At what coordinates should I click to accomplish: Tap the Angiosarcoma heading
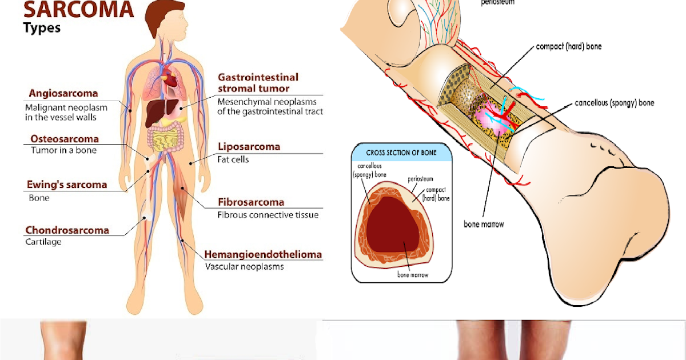[63, 93]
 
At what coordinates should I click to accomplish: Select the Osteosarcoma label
[63, 139]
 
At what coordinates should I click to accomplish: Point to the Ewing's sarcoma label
[67, 185]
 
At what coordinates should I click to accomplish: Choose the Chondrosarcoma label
[67, 230]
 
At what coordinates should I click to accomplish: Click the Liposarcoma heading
[249, 147]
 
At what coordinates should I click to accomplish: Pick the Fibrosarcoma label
[250, 202]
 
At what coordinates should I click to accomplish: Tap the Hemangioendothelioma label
[263, 254]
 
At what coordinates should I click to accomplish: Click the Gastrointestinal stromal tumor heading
[258, 82]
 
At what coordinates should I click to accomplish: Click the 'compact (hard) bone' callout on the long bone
[569, 46]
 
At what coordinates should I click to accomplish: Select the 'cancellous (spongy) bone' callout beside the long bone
[614, 103]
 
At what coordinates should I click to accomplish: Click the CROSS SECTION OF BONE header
[401, 153]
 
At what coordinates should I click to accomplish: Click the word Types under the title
[42, 27]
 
